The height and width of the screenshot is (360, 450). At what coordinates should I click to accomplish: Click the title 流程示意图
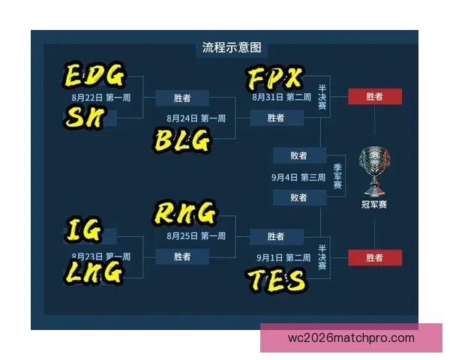tap(232, 48)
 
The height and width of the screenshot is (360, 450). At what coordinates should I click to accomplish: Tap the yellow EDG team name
tap(94, 75)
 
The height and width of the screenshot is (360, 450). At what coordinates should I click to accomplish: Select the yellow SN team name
tap(85, 117)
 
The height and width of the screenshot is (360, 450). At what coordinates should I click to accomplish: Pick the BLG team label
tap(182, 140)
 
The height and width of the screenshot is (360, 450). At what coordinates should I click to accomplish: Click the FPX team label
tap(275, 77)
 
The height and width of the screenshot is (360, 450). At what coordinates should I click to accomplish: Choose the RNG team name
tap(184, 212)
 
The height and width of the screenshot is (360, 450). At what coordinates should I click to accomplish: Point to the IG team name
tap(84, 229)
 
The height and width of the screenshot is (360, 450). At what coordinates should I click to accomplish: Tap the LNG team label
tap(94, 272)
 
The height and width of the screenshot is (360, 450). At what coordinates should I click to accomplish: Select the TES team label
tap(276, 280)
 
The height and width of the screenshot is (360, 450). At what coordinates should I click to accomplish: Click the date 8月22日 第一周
tap(101, 97)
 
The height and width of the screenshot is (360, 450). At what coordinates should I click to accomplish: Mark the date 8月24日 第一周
tap(196, 118)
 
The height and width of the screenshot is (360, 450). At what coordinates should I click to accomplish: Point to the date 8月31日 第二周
tap(281, 97)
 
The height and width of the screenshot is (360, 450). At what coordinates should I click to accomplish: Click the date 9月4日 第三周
tap(298, 178)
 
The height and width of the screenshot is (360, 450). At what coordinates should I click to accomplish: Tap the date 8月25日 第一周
tap(196, 236)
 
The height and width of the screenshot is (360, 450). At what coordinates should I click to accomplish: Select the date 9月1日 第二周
tap(283, 257)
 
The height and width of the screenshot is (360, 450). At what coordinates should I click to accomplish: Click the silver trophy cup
tap(374, 172)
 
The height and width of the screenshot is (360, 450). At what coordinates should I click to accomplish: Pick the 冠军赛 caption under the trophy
tap(374, 205)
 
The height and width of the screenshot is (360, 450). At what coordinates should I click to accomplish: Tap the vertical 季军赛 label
tap(337, 176)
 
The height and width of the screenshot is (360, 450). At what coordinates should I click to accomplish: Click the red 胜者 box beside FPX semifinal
tap(375, 97)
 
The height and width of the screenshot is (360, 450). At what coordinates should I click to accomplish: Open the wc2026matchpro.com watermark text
tap(351, 338)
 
